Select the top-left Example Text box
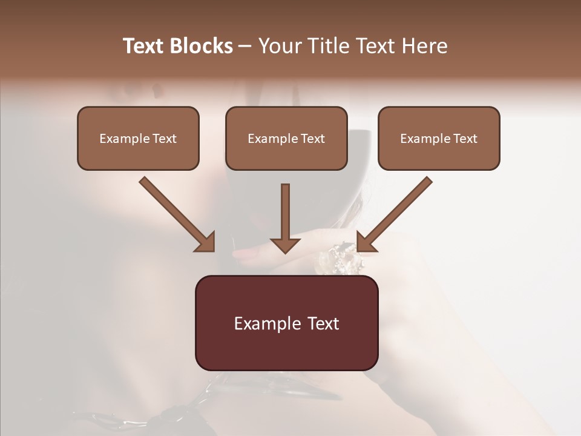pos(138,138)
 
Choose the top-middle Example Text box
pos(286,138)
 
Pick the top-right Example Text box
pos(439,138)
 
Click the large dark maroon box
pos(286,323)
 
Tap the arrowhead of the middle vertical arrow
pos(285,244)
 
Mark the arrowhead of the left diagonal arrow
pos(206,242)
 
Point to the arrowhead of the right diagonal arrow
pos(366,242)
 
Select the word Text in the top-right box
pos(464,139)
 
